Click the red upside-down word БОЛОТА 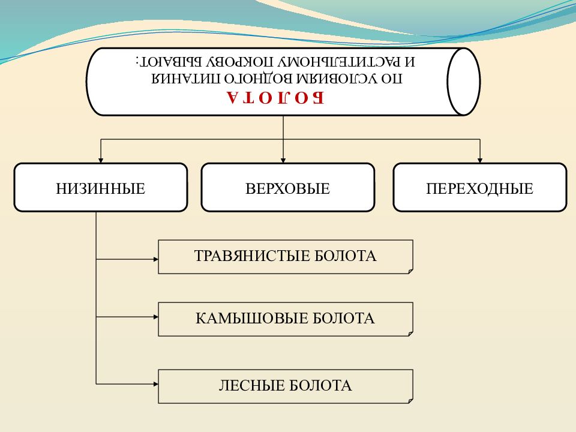tap(275, 98)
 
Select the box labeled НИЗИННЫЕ tap(101, 187)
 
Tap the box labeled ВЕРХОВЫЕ tap(287, 187)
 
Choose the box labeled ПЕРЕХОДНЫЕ tap(480, 187)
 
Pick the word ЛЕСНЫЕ tap(251, 386)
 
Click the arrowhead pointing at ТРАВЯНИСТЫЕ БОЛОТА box tap(156, 259)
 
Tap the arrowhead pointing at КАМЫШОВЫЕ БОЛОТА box tap(156, 317)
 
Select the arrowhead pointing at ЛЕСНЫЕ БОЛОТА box tap(156, 384)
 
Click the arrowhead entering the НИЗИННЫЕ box tap(101, 161)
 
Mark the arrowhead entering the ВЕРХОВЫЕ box tap(283, 161)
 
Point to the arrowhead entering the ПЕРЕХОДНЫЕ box tap(480, 161)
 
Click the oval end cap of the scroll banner tap(464, 82)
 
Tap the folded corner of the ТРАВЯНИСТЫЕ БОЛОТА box tap(410, 271)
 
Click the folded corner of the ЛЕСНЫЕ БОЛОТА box tap(410, 401)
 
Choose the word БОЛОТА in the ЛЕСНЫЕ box tap(320, 386)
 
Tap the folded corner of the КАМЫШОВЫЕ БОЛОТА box tap(410, 334)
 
